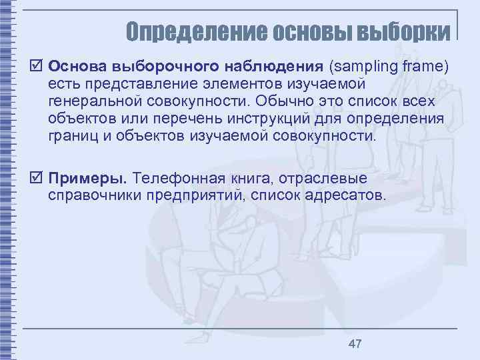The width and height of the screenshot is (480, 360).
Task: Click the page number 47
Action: [x=355, y=344]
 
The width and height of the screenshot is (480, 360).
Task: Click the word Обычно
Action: [x=278, y=101]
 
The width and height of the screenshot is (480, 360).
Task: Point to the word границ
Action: [x=73, y=137]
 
